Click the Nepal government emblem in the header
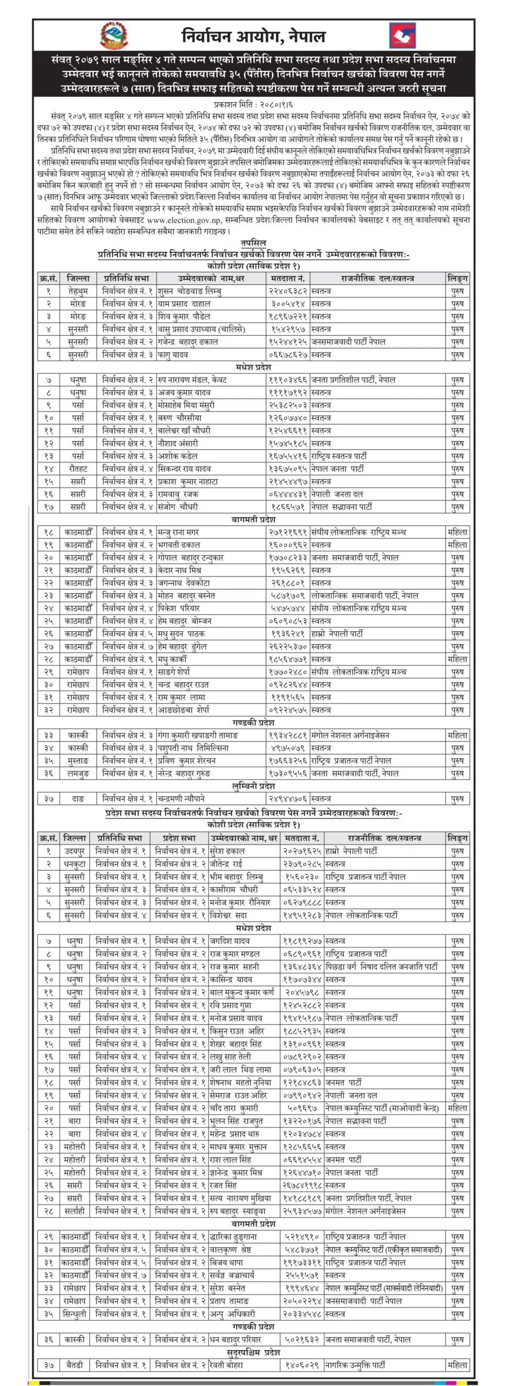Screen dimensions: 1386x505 (114, 36)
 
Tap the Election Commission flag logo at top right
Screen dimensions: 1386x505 (402, 36)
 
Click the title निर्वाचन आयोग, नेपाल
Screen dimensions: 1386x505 (253, 36)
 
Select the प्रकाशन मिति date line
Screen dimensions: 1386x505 (253, 104)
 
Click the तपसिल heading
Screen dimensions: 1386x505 (253, 243)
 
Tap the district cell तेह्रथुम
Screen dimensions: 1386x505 (78, 291)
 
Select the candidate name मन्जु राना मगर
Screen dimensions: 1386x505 (178, 532)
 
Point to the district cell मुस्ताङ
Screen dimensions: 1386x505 (78, 761)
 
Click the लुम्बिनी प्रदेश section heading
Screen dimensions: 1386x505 (253, 786)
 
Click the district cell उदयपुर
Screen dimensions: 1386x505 (75, 851)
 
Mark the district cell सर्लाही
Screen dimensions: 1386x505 (75, 1211)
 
